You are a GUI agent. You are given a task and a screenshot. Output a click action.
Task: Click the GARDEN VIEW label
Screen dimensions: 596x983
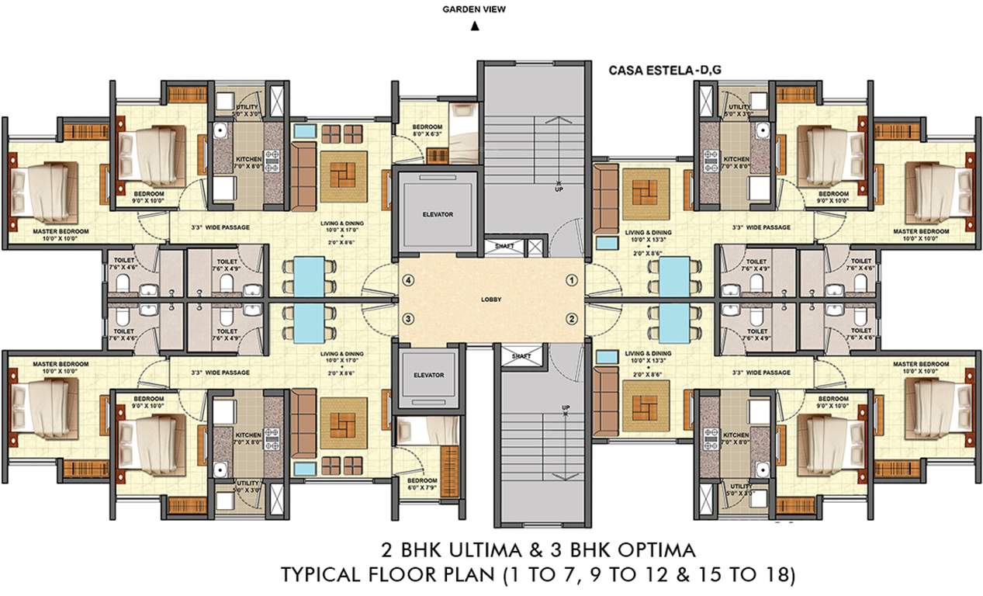pos(474,10)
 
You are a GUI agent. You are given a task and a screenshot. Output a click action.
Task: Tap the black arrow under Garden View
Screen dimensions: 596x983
pos(474,26)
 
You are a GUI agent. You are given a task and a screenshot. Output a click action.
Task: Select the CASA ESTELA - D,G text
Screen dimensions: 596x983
pos(666,70)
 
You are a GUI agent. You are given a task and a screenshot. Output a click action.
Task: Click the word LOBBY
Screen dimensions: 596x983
pos(490,299)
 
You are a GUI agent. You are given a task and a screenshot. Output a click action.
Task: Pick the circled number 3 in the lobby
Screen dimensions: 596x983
pos(406,318)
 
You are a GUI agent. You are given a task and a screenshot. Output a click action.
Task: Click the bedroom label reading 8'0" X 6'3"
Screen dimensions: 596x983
pos(427,130)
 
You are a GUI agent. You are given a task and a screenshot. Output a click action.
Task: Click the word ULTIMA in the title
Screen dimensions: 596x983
pos(448,550)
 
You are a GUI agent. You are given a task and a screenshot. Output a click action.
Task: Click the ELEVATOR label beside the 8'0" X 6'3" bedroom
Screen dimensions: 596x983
pos(438,214)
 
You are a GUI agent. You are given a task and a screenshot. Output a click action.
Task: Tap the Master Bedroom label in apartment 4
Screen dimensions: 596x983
pos(59,231)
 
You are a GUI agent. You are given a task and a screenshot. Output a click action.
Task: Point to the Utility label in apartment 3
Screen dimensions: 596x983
pos(247,487)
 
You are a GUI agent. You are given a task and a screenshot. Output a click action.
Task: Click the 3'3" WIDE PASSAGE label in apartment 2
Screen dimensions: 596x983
pos(761,372)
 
